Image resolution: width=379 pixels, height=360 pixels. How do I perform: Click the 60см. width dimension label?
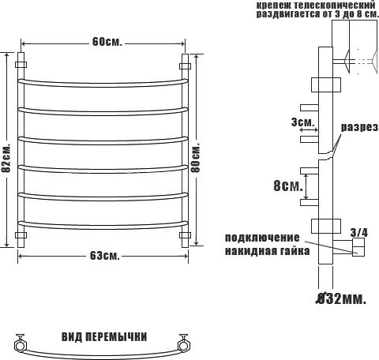coord(106,42)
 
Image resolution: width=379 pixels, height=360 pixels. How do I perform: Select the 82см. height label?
coord(6,159)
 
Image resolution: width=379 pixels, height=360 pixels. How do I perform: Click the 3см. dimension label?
coord(302,122)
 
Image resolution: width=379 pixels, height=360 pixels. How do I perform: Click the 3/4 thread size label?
coord(358,232)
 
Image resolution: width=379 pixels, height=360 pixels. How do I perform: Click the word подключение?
coord(262,238)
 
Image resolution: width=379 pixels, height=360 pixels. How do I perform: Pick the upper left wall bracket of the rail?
coord(21,61)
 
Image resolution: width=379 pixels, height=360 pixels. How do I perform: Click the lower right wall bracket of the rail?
coord(186,235)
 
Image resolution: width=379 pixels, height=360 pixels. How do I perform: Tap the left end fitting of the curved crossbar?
coord(19,343)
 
